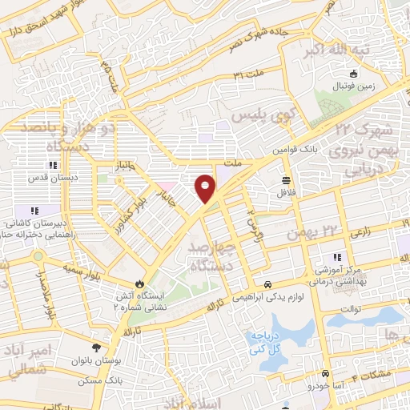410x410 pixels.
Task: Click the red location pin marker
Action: (206, 187)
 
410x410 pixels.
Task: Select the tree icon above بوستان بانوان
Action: (97, 348)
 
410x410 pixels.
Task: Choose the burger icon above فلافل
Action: (286, 179)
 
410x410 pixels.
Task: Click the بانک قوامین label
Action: (298, 150)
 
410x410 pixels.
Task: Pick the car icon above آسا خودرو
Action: (325, 374)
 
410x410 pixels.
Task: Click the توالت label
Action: (352, 308)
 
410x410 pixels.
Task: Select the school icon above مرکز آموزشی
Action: (336, 257)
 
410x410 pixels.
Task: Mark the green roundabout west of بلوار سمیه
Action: (37, 256)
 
